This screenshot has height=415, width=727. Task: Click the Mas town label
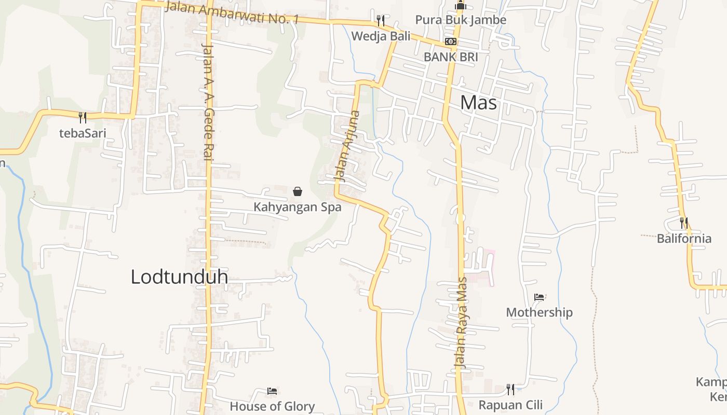tap(478, 103)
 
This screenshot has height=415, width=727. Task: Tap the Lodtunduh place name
tap(179, 276)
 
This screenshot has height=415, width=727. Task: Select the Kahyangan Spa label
tap(297, 207)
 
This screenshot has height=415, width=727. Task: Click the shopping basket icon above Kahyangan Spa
tap(298, 191)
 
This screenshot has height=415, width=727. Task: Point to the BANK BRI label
tap(451, 57)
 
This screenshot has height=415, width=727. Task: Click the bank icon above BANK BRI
tap(451, 41)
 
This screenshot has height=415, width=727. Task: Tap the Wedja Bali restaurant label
tap(381, 36)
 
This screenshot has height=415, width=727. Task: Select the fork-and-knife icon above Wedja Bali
tap(381, 21)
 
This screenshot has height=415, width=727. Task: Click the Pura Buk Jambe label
tap(461, 20)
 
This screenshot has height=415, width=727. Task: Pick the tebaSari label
tap(83, 133)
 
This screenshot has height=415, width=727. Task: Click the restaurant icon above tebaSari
tap(83, 118)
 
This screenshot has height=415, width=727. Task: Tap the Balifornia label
tap(684, 239)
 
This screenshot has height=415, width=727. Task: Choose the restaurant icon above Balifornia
tap(684, 223)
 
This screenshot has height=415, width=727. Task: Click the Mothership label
tap(539, 312)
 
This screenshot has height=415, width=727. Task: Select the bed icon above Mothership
tap(539, 297)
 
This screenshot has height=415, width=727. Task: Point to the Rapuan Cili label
tap(510, 405)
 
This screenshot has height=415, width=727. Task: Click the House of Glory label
tap(272, 406)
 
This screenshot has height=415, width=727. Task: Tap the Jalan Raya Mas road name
tap(461, 323)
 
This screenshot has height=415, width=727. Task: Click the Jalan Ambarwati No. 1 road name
tap(232, 13)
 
